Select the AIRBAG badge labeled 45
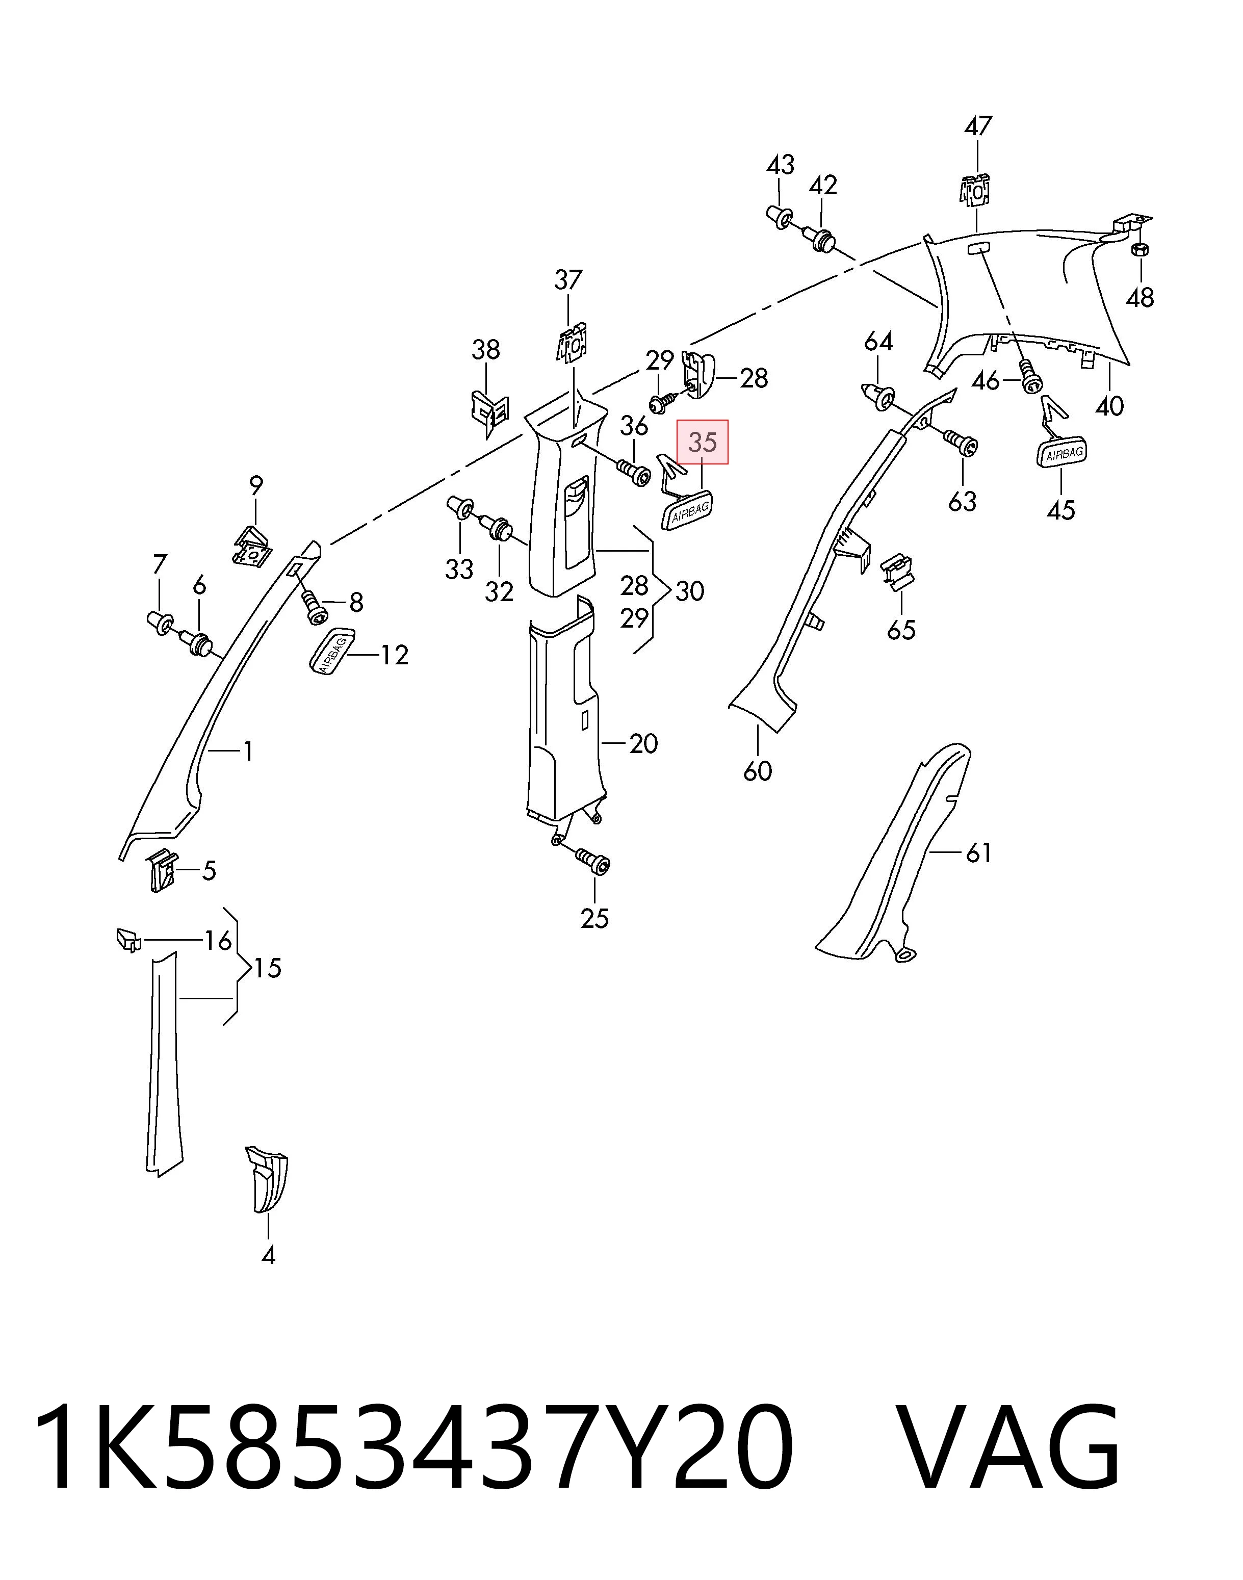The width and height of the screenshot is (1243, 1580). tap(1062, 453)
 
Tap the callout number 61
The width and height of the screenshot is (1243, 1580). tap(979, 852)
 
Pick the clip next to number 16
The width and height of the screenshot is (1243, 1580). tap(127, 940)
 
